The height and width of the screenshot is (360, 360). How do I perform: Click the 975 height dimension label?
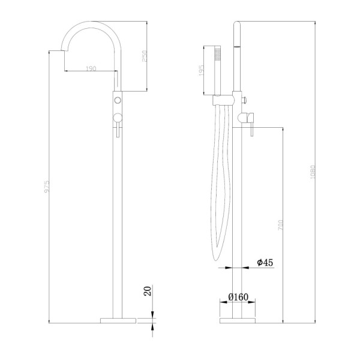(x=47, y=187)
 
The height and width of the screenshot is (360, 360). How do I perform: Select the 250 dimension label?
(x=145, y=56)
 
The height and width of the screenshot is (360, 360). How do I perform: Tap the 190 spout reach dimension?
(x=91, y=68)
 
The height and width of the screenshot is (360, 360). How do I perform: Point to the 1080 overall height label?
(x=313, y=172)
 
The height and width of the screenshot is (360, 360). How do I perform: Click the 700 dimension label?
(x=281, y=225)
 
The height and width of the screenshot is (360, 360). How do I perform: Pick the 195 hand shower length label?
(x=200, y=70)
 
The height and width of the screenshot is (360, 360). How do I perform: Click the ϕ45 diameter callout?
(x=265, y=262)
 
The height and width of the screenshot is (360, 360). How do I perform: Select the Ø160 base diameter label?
(x=238, y=297)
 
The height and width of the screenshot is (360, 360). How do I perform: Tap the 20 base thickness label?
(x=148, y=290)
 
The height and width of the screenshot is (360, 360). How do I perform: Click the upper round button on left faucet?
(x=118, y=100)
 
